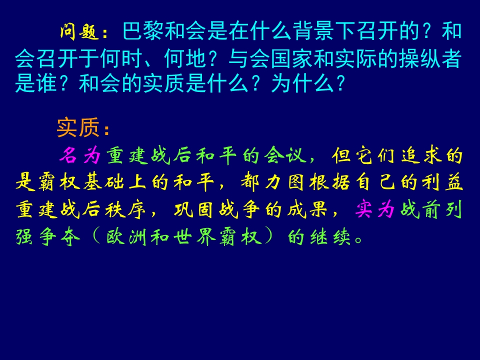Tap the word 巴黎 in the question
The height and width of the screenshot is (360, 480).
coord(136,33)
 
